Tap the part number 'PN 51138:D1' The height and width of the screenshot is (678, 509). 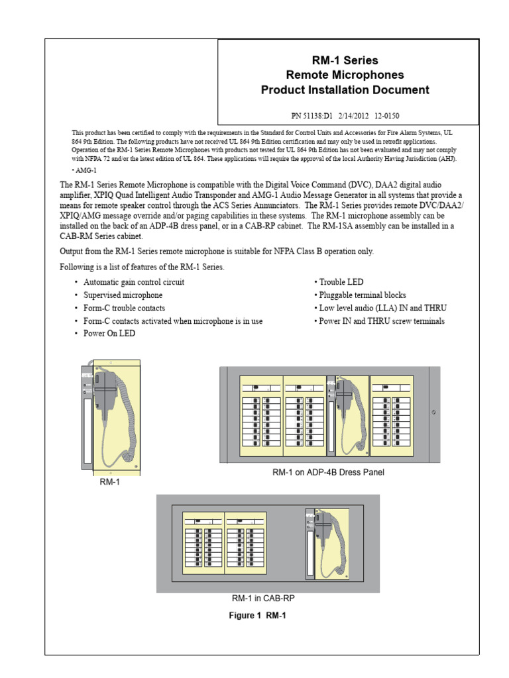(x=315, y=114)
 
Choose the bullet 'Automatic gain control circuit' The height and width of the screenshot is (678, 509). (x=134, y=282)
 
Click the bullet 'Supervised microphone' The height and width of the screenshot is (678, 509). (x=123, y=295)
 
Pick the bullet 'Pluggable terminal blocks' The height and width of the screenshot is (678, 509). (x=361, y=295)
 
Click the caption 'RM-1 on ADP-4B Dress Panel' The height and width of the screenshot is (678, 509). (x=328, y=473)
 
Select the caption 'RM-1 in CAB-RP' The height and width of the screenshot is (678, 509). (x=268, y=598)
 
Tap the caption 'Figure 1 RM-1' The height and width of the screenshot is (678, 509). (x=258, y=616)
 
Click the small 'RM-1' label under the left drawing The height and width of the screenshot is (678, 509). (x=110, y=483)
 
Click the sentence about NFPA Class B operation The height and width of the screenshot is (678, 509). (x=217, y=252)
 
